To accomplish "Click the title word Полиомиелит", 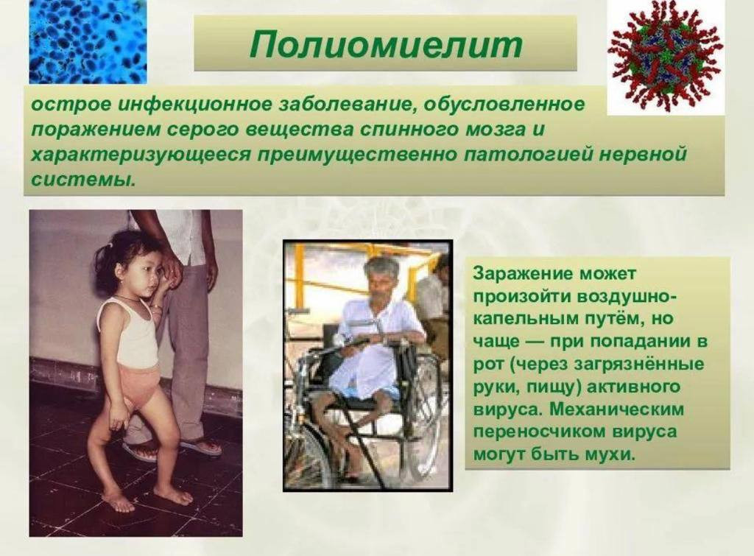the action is click(386, 44).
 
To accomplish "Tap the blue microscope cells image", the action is click(88, 41).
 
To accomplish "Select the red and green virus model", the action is click(666, 56).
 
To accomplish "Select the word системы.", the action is click(81, 180).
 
